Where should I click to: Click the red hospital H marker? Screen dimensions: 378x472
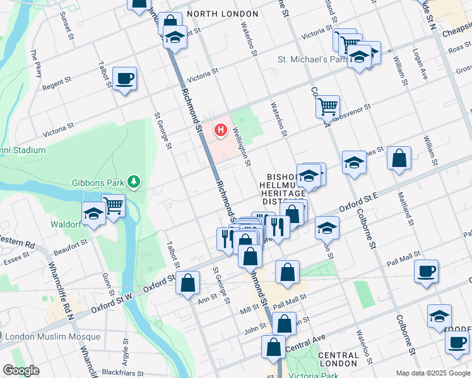coord(220,130)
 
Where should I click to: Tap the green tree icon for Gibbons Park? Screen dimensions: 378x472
coord(133,182)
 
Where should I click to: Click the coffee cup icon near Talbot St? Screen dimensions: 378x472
coord(124,79)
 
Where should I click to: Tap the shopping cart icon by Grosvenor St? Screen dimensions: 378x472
coord(327,107)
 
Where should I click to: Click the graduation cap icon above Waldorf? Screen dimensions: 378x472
coord(93,214)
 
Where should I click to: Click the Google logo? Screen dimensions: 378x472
coord(21,370)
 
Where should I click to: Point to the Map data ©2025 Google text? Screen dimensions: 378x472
coord(433,373)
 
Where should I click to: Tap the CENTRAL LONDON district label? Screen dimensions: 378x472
coord(338,360)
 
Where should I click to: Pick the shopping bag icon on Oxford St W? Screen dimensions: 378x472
coord(188,283)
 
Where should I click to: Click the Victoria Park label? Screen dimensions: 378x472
coord(309,374)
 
